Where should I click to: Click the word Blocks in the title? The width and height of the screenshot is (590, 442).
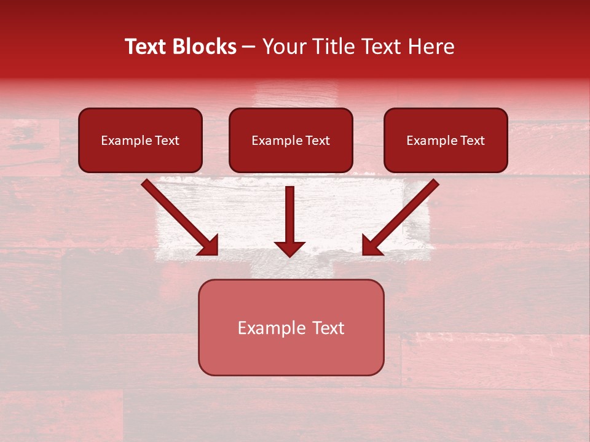click(x=204, y=47)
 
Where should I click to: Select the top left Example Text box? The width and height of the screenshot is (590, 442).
click(x=140, y=140)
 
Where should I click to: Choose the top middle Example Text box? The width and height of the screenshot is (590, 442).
click(x=291, y=140)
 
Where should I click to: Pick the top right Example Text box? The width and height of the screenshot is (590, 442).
click(x=446, y=140)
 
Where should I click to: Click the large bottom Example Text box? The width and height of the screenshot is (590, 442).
click(x=291, y=327)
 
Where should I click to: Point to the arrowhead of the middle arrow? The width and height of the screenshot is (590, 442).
click(x=289, y=249)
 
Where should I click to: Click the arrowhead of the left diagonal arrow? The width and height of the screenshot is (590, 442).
click(x=209, y=246)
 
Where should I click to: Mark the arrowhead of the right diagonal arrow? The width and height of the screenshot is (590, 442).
click(x=372, y=246)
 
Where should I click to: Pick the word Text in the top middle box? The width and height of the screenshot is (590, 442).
click(x=317, y=141)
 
